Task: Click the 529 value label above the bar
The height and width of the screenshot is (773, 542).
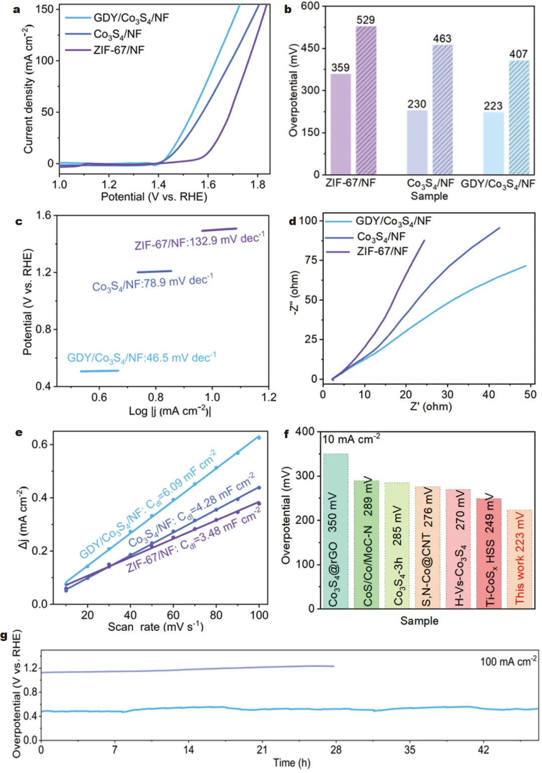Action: (x=365, y=20)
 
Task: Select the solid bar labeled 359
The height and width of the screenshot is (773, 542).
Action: (x=341, y=124)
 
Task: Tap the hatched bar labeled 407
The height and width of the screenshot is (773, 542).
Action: (x=519, y=117)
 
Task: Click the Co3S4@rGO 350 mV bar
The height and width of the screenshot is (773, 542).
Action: (x=336, y=531)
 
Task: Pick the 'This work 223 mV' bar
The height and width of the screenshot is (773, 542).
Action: (x=519, y=559)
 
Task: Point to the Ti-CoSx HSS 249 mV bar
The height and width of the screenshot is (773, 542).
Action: (x=489, y=553)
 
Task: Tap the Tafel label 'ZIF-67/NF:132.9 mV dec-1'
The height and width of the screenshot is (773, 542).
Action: (x=199, y=241)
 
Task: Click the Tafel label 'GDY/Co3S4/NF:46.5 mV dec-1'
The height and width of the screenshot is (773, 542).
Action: (x=142, y=358)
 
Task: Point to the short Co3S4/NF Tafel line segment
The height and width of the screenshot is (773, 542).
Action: (x=154, y=272)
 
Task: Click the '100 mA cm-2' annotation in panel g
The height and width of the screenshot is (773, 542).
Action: (x=508, y=661)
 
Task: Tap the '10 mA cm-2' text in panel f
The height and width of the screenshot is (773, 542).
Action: (x=351, y=439)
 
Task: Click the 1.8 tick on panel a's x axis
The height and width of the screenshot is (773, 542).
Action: (x=258, y=185)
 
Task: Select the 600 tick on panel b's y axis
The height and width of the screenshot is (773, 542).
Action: (x=310, y=6)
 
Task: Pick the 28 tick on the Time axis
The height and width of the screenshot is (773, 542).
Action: (x=336, y=749)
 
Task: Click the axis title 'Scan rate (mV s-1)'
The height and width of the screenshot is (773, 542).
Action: (x=156, y=627)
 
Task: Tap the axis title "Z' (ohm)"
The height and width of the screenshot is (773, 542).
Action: (x=431, y=406)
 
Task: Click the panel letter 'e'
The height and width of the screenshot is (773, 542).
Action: (x=19, y=432)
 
